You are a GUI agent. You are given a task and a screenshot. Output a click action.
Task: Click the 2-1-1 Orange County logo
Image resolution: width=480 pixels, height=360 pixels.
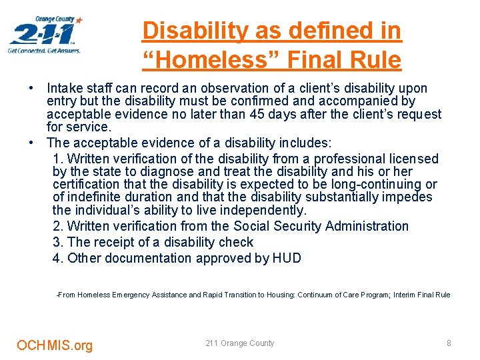(x=45, y=35)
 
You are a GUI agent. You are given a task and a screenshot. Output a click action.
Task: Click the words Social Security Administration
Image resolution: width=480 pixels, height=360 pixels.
(x=321, y=226)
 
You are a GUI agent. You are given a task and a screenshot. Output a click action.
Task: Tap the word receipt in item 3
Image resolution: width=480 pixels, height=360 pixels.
(x=112, y=242)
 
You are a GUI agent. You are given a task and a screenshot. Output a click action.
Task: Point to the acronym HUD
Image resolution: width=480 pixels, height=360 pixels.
(x=287, y=258)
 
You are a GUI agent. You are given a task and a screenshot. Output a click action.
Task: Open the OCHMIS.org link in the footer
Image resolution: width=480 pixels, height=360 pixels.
(x=55, y=345)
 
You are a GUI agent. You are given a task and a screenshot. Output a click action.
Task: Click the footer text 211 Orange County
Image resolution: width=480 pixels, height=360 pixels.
(x=239, y=343)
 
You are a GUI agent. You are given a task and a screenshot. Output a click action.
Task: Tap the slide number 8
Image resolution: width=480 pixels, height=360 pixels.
(x=449, y=343)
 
